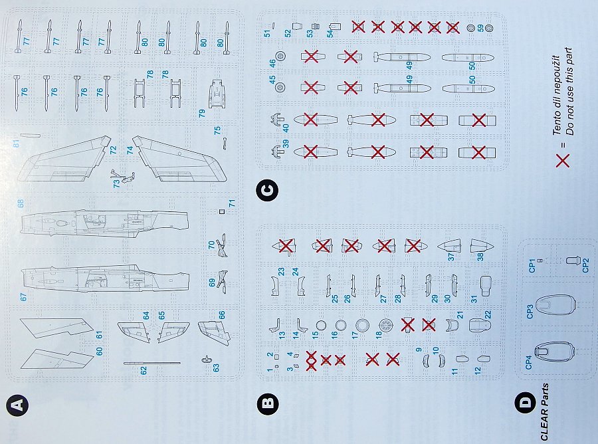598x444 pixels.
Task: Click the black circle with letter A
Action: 17,405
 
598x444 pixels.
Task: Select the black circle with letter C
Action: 268,190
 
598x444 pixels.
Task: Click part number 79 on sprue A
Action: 202,113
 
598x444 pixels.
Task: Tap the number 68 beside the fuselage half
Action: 20,203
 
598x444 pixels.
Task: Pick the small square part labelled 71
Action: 222,212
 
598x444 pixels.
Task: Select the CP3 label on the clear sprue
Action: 530,312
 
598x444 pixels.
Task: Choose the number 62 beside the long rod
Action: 144,370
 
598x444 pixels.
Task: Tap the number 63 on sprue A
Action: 216,368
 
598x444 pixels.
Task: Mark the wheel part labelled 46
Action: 281,56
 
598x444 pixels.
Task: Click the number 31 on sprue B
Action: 474,299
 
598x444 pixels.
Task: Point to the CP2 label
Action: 586,265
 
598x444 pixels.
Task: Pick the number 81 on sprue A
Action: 16,144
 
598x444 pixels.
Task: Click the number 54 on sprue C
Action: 330,33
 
